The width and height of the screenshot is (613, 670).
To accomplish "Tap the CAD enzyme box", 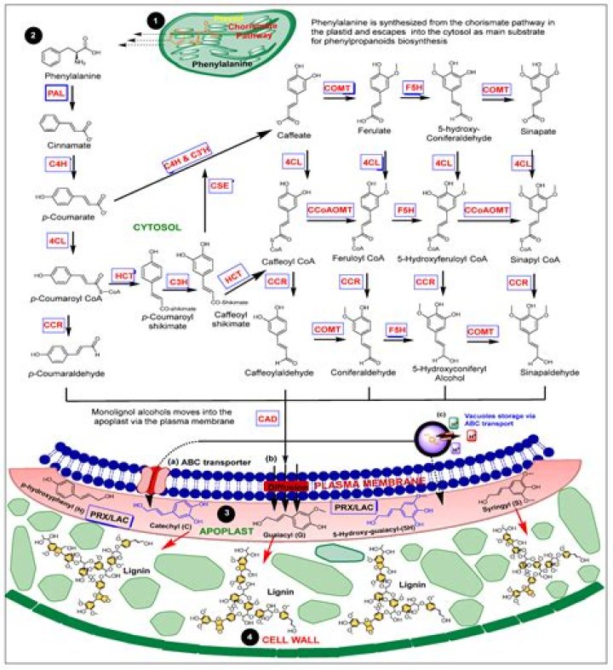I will pos(267,418).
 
